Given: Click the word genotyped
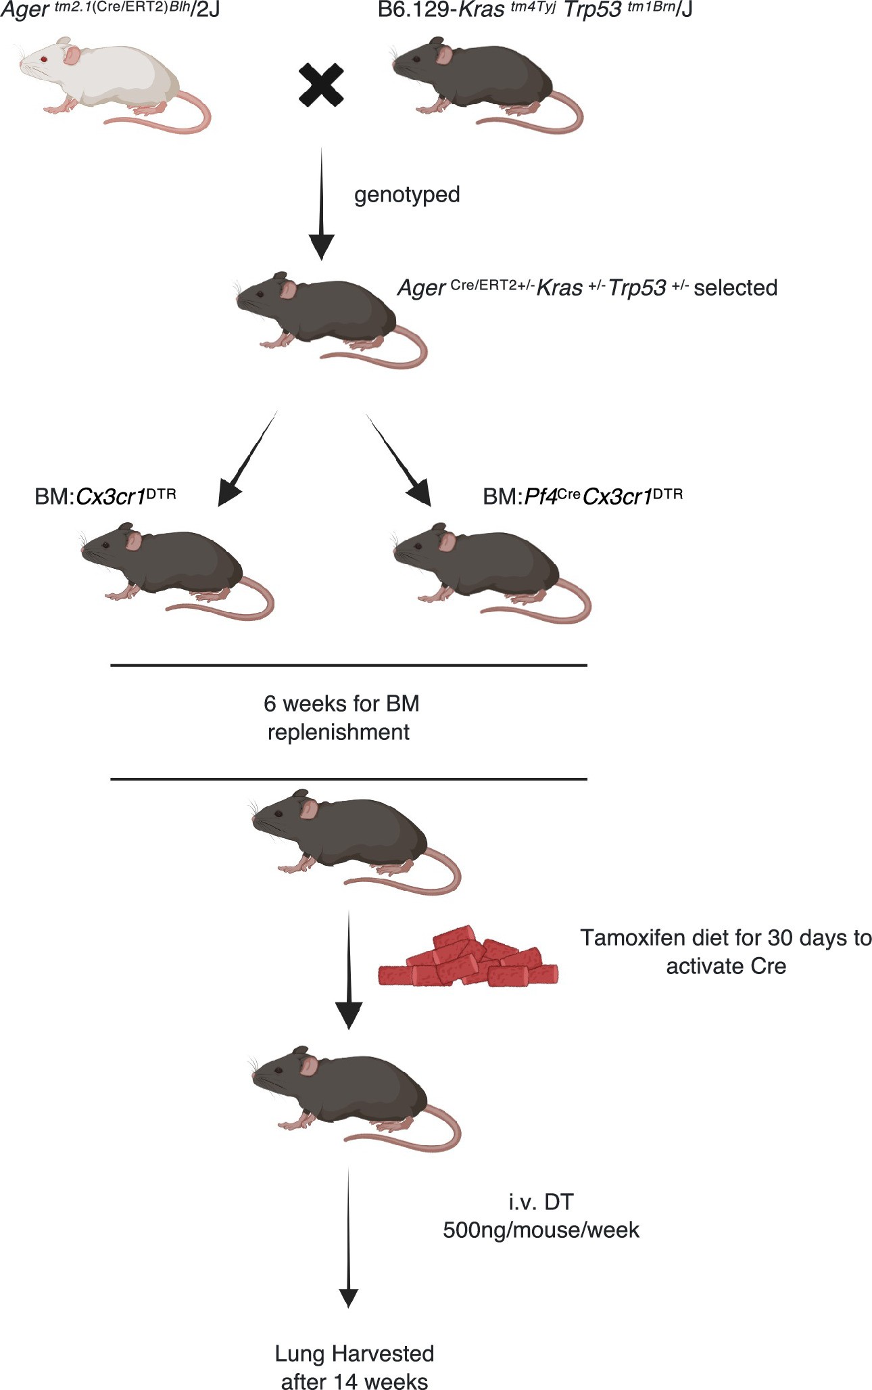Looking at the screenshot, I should (x=407, y=195).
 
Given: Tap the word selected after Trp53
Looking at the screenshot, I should (x=735, y=288).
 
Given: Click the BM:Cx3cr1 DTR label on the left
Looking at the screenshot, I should (x=105, y=496).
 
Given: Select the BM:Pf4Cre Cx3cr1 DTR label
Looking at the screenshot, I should (x=583, y=496).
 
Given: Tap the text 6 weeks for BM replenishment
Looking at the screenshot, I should (x=341, y=718).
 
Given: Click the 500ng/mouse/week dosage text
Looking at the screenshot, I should (x=541, y=1230).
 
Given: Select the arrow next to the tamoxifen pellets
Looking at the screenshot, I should (x=349, y=971).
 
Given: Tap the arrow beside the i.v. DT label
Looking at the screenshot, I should (x=348, y=1238).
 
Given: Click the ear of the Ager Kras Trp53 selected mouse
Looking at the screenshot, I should (x=289, y=290).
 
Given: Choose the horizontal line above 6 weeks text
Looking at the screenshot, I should (x=349, y=666).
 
